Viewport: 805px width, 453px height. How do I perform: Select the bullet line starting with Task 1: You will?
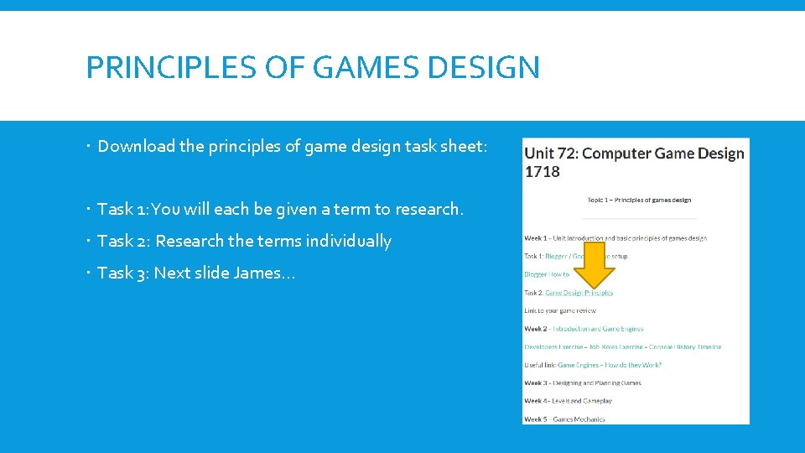280,209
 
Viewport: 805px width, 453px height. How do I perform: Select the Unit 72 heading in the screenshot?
634,154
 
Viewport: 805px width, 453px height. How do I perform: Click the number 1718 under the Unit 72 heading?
542,172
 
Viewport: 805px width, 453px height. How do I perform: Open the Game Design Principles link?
579,293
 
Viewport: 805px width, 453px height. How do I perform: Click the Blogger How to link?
547,274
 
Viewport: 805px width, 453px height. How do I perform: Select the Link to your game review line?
560,310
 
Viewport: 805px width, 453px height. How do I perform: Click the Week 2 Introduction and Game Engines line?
584,329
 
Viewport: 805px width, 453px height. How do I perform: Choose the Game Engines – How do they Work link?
609,365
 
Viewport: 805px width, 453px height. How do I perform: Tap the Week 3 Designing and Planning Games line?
582,383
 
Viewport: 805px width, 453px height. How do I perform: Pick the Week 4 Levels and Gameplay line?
568,401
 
